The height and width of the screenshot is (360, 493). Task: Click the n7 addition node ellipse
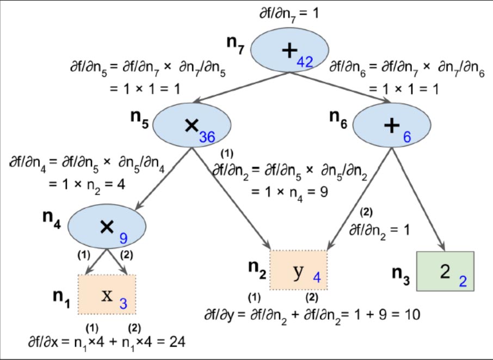click(289, 51)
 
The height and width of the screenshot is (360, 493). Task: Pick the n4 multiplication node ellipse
click(108, 223)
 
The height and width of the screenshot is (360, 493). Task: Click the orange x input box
click(107, 295)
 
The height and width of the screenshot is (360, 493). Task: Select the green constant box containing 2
click(445, 271)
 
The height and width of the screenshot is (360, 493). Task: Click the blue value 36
click(207, 137)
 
